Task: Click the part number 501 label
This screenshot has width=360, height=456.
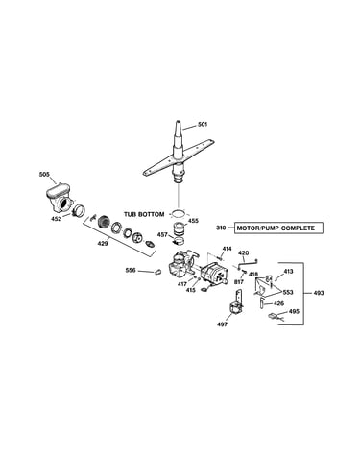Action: [203, 124]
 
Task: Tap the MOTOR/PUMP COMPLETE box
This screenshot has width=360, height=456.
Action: [278, 228]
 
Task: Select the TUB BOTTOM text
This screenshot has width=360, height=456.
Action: [144, 214]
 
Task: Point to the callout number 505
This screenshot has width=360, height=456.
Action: [44, 175]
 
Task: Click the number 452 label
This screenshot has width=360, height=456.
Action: [57, 219]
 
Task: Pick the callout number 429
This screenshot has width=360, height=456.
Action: [103, 244]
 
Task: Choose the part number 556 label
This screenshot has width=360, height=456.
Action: [131, 271]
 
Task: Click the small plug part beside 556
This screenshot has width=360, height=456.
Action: [157, 272]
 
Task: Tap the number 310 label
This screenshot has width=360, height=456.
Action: [221, 228]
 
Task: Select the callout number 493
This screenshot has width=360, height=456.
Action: [319, 293]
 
